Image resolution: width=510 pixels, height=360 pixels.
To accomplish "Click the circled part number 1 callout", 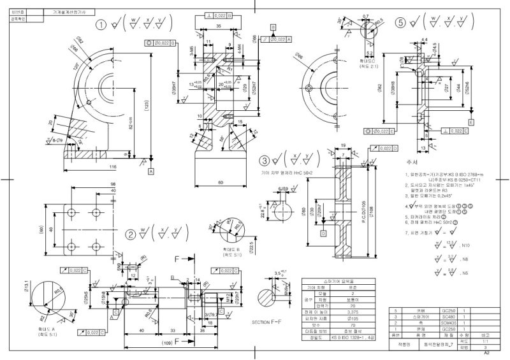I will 100,25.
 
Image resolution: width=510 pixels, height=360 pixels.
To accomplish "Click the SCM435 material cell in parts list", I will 448,322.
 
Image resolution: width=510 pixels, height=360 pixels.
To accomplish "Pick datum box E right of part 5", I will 470,122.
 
